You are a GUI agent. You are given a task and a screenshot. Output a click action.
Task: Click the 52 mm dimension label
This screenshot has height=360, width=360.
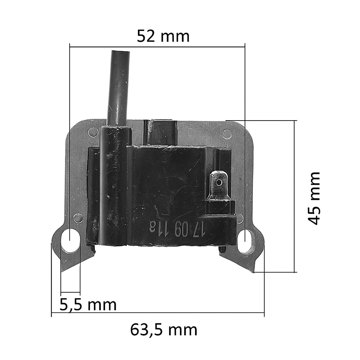click(x=163, y=36)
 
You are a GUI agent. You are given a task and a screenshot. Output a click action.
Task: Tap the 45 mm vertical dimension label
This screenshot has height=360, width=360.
click(x=314, y=198)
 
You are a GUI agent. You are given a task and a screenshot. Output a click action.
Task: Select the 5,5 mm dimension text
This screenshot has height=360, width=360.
click(x=88, y=305)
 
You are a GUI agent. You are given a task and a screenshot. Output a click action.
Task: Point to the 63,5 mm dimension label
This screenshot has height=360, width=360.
click(x=164, y=330)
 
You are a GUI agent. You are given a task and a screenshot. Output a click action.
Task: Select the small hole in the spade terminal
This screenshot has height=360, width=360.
click(x=220, y=183)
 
